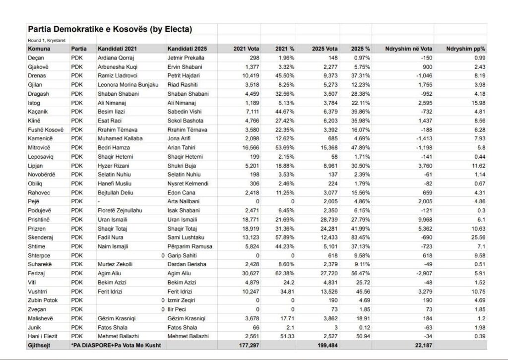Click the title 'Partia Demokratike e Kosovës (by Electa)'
110,29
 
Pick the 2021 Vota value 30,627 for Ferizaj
245,273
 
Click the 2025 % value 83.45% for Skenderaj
359,238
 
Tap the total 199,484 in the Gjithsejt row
325,345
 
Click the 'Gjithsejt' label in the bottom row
42,345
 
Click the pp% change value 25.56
475,238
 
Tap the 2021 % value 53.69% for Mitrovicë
284,148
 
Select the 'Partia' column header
79,49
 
